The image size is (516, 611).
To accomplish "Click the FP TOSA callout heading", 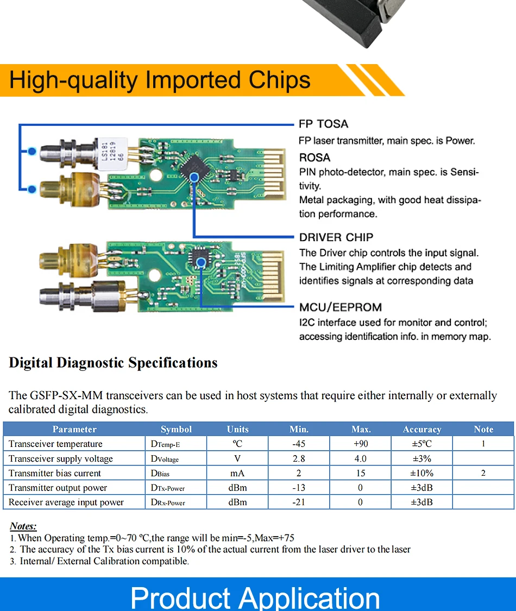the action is pyautogui.click(x=323, y=124).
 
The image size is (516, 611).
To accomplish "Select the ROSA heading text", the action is pyautogui.click(x=314, y=158).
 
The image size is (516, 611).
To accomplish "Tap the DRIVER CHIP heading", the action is pyautogui.click(x=336, y=237).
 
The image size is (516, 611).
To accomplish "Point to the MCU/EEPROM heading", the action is pyautogui.click(x=340, y=307).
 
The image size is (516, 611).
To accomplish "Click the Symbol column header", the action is pyautogui.click(x=176, y=429).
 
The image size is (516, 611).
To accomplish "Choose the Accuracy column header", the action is pyautogui.click(x=421, y=429).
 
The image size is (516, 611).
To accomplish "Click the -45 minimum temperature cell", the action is pyautogui.click(x=299, y=444).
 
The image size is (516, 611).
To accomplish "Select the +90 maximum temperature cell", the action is pyautogui.click(x=361, y=444).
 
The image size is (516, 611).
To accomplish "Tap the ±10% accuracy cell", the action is pyautogui.click(x=421, y=473).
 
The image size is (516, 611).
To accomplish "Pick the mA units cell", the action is pyautogui.click(x=237, y=473).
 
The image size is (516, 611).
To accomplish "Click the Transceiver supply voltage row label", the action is pyautogui.click(x=61, y=458).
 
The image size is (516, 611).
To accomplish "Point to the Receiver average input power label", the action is pyautogui.click(x=66, y=502).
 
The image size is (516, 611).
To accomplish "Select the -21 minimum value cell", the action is pyautogui.click(x=299, y=502).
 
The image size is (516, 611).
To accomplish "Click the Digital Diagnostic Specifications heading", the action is pyautogui.click(x=113, y=363).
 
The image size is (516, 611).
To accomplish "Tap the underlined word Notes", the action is pyautogui.click(x=23, y=526).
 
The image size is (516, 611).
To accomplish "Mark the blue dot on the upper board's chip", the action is pyautogui.click(x=195, y=175).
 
